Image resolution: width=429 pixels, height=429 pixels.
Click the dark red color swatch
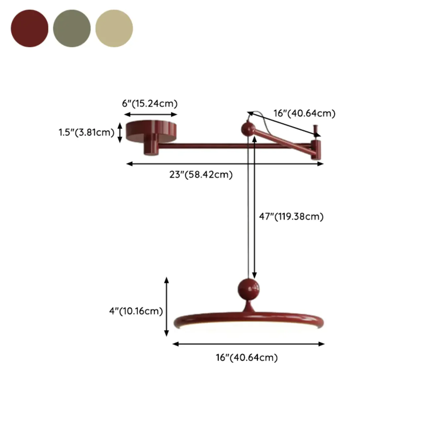29,28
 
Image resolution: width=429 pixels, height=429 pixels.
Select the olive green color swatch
72,28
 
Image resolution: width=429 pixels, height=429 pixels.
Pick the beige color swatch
114,28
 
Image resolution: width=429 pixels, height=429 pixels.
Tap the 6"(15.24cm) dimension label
149,104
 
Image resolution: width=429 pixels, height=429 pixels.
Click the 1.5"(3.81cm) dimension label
86,132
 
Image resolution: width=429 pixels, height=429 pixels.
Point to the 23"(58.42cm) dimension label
201,175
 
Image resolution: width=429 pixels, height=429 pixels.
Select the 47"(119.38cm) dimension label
291,216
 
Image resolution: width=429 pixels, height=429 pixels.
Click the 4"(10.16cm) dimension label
136,311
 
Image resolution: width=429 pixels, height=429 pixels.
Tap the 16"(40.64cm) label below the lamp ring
247,357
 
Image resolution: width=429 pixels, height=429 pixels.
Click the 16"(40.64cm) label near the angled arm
304,113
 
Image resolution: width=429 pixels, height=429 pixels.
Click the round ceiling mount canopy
151,131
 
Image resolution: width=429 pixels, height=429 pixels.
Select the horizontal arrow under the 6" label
151,115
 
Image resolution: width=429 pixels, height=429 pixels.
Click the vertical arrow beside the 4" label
167,307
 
